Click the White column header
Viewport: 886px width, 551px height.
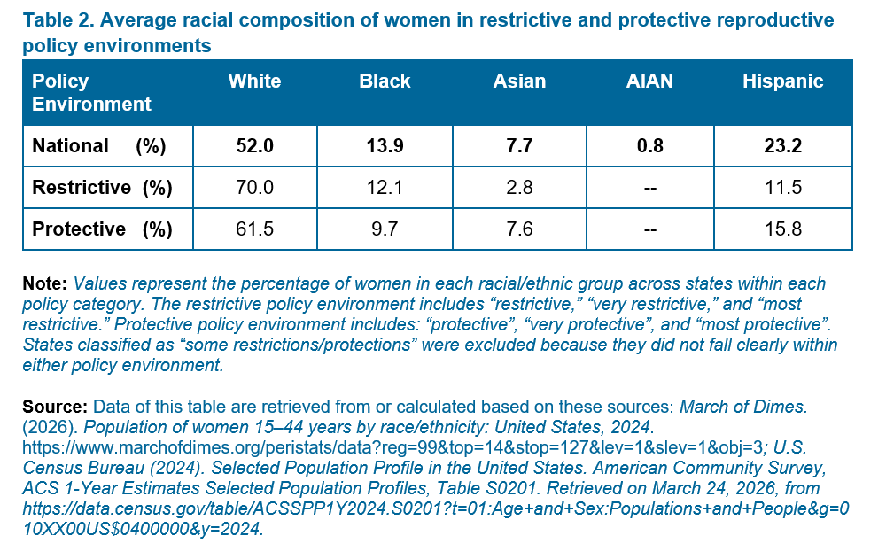[x=254, y=81]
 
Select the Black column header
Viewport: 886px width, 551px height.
[x=385, y=81]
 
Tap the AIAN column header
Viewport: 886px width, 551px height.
[x=649, y=81]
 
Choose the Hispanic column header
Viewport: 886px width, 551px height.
[x=782, y=81]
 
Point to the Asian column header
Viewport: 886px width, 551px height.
[x=519, y=81]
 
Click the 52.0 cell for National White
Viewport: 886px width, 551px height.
[x=254, y=146]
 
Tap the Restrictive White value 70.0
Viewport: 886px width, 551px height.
[x=254, y=187]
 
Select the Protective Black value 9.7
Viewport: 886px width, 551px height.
[x=385, y=229]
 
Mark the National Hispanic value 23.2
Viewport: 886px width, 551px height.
[x=782, y=146]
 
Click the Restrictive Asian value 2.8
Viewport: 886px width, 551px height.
[x=519, y=187]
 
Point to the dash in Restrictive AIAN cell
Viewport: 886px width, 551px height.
[x=649, y=188]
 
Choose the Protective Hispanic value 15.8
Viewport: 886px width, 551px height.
[x=782, y=229]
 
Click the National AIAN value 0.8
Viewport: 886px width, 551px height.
[x=649, y=146]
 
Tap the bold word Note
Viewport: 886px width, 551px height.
[x=44, y=283]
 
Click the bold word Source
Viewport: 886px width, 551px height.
[x=55, y=407]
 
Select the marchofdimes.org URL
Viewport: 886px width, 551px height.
[x=392, y=447]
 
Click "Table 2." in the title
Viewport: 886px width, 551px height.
[x=58, y=20]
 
